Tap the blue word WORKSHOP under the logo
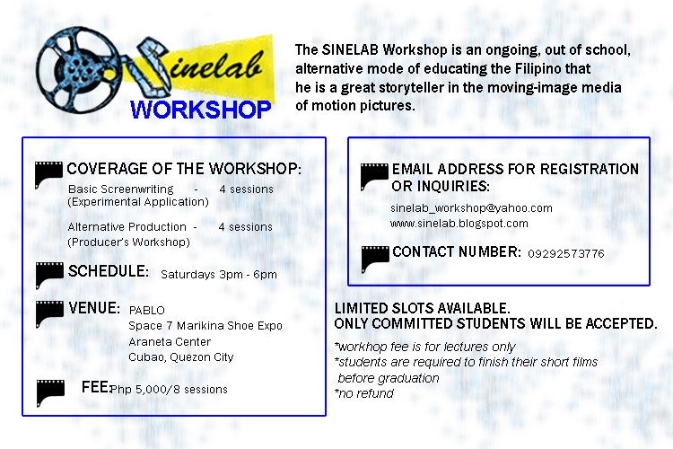pyautogui.click(x=201, y=110)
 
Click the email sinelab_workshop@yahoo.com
pyautogui.click(x=471, y=208)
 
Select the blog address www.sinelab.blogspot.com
pyautogui.click(x=459, y=224)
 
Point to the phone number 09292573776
pyautogui.click(x=566, y=254)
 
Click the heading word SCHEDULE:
pyautogui.click(x=109, y=271)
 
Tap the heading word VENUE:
pyautogui.click(x=94, y=308)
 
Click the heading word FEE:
pyautogui.click(x=96, y=387)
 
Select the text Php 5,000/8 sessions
pyautogui.click(x=169, y=390)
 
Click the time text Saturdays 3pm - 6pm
pyautogui.click(x=219, y=275)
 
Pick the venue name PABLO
pyautogui.click(x=147, y=311)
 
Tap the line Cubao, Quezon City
pyautogui.click(x=181, y=357)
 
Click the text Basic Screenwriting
pyautogui.click(x=121, y=189)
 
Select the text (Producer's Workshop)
pyautogui.click(x=128, y=242)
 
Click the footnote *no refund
pyautogui.click(x=364, y=393)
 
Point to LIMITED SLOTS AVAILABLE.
pyautogui.click(x=423, y=308)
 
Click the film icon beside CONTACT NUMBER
pyautogui.click(x=375, y=260)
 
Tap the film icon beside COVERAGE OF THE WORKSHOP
pyautogui.click(x=48, y=175)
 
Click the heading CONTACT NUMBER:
pyautogui.click(x=457, y=251)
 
